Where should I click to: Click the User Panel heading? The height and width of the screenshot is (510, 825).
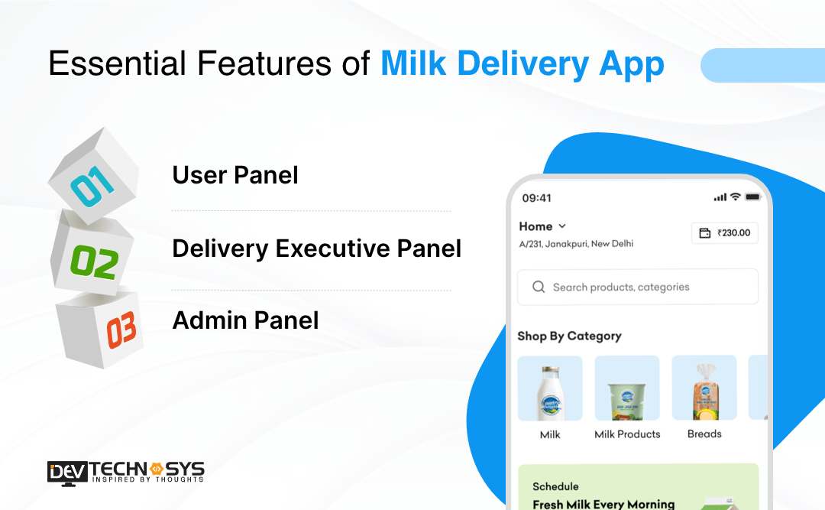click(x=235, y=175)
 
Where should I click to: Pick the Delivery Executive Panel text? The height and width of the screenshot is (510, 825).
click(x=316, y=249)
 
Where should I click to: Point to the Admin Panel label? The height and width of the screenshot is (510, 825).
click(x=245, y=320)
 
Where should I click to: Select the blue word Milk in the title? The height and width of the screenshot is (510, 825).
click(x=413, y=64)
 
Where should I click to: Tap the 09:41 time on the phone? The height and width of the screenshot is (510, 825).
click(x=536, y=198)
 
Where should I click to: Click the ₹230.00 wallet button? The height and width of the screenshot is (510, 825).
click(x=724, y=233)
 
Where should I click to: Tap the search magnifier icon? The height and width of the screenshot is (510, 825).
click(x=539, y=287)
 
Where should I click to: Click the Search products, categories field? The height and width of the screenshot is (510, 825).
click(x=637, y=287)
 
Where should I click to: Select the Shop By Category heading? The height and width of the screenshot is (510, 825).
click(x=569, y=336)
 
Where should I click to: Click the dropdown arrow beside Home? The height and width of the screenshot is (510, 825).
click(x=563, y=226)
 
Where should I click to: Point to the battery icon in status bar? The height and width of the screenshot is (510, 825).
click(x=753, y=197)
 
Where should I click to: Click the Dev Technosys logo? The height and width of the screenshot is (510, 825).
click(x=125, y=471)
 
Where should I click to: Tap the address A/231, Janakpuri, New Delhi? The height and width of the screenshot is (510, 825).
click(x=576, y=244)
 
